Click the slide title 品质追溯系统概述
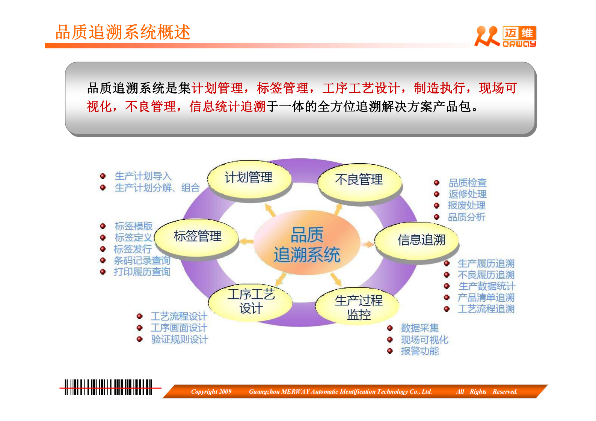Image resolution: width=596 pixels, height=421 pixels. (x=123, y=32)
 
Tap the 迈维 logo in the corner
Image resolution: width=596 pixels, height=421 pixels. (x=505, y=37)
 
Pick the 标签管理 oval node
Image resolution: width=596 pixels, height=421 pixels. (x=198, y=237)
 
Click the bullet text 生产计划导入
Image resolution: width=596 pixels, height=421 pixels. (x=143, y=176)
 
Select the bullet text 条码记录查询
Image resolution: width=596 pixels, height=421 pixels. (x=142, y=260)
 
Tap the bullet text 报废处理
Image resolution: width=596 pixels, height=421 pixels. (x=466, y=206)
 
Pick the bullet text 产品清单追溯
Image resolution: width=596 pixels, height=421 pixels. (x=486, y=298)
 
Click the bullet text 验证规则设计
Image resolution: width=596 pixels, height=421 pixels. (x=180, y=340)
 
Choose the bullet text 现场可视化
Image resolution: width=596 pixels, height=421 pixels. (x=424, y=340)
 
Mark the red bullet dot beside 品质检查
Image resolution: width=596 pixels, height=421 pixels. (x=437, y=183)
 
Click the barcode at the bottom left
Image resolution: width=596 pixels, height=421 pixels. (x=108, y=387)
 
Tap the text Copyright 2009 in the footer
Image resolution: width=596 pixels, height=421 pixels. (x=211, y=392)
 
